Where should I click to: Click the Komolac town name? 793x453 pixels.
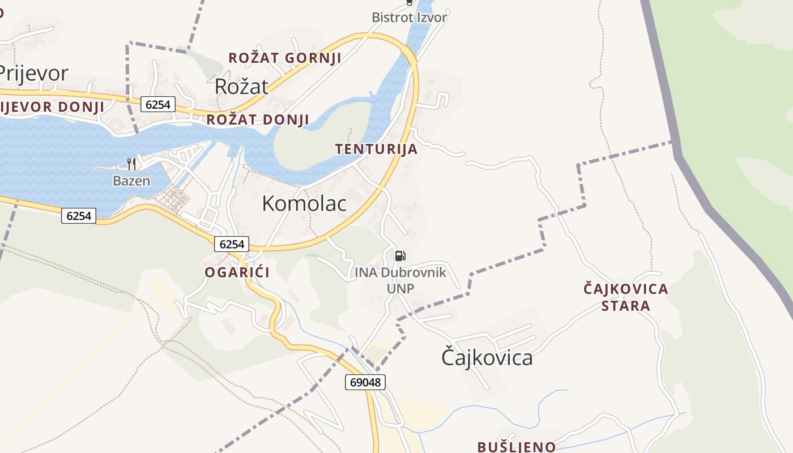[x=304, y=204]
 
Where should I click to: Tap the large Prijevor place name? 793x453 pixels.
[x=33, y=74]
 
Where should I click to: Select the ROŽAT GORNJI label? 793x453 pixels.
[x=284, y=58]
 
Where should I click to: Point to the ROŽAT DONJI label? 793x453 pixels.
[x=258, y=119]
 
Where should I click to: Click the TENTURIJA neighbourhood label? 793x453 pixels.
[x=376, y=149]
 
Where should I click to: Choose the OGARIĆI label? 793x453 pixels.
[x=237, y=272]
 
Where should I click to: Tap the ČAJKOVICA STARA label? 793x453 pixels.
[x=626, y=297]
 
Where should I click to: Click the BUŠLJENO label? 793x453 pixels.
[x=516, y=446]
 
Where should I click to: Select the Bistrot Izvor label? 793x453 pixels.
[x=409, y=17]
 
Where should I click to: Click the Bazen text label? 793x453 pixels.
[x=131, y=181]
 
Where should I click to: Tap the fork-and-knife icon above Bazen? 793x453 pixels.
[x=131, y=164]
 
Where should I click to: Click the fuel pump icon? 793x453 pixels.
[x=400, y=256]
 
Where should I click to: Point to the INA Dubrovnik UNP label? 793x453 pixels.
[x=400, y=280]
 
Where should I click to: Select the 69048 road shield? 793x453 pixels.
[x=365, y=382]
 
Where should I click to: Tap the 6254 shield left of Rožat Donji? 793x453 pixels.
[x=159, y=104]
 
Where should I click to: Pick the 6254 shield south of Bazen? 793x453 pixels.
[x=79, y=215]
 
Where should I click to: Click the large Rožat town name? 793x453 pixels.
[x=241, y=87]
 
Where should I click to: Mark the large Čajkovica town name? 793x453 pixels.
[x=487, y=358]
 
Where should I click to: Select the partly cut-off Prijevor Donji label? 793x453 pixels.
[x=52, y=106]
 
